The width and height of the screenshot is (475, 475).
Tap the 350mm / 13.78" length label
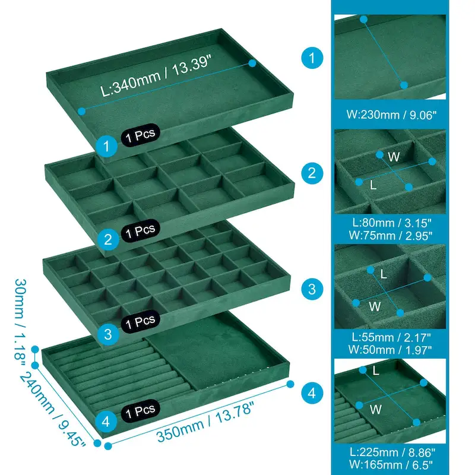pos(205,423)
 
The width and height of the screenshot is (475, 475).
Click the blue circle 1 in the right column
pos(312,58)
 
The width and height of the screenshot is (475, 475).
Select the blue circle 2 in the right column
pos(312,173)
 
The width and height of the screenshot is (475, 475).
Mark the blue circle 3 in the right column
pos(312,290)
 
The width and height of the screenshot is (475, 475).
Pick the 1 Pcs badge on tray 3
pos(141,322)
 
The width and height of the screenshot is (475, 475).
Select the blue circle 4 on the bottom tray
pos(106,422)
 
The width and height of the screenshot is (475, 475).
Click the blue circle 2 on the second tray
pos(107,239)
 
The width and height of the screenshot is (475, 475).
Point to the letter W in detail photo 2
pos(393,157)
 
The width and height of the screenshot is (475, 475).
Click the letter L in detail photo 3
pos(384,274)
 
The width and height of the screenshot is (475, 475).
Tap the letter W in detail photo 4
pos(375,409)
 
